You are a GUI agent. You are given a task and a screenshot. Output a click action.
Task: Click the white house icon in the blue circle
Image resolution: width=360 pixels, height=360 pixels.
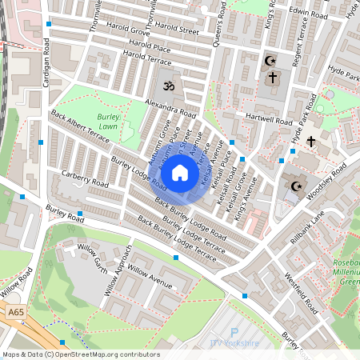tap(180, 172)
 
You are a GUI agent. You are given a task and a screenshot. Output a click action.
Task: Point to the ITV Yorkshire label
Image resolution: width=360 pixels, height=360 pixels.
tap(235, 343)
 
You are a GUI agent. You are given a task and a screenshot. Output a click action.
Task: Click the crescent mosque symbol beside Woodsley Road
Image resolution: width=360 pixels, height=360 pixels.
tap(296, 186)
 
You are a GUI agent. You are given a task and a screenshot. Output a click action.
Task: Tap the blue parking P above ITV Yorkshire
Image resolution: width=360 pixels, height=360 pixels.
tap(234, 332)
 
